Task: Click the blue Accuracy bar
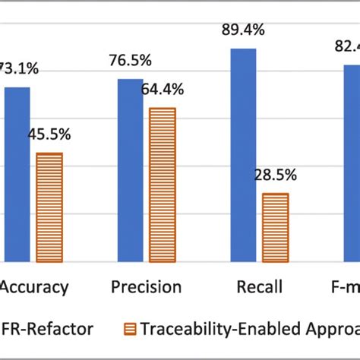pos(17,174)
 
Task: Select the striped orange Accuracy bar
pos(49,207)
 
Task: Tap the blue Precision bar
pos(130,170)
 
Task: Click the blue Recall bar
pos(242,155)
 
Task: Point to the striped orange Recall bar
pos(275,227)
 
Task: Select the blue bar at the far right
pos(352,163)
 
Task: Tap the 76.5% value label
pos(130,61)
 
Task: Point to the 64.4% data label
pos(162,90)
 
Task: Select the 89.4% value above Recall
pos(244,30)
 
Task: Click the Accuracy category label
pos(33,287)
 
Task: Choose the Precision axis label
pos(146,287)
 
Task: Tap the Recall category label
pos(260,287)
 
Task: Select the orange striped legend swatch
pos(128,330)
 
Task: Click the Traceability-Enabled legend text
pos(251,330)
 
